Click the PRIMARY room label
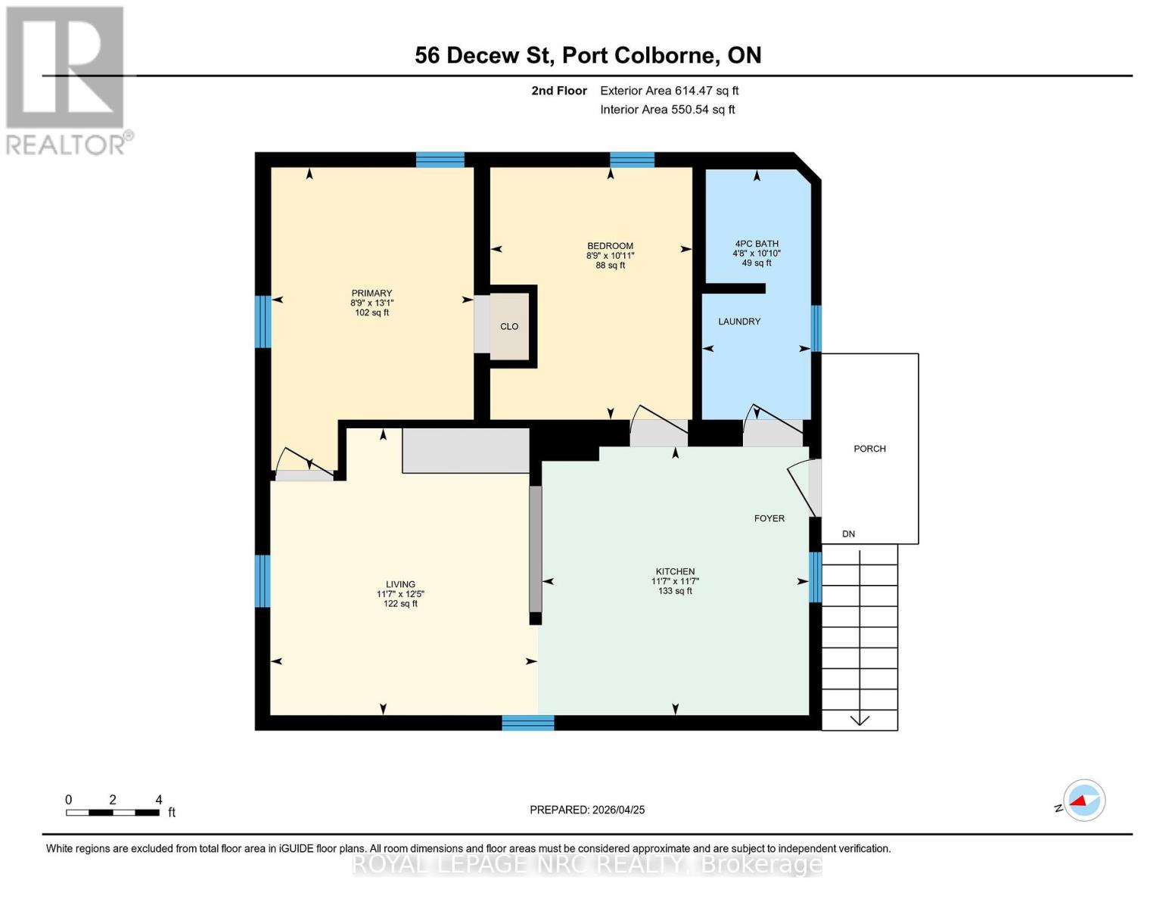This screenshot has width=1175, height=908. click(371, 294)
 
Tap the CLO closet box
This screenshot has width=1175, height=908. click(509, 327)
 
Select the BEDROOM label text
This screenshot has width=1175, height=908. click(610, 246)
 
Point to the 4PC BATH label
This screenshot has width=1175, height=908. click(756, 244)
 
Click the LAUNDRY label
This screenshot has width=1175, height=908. click(739, 322)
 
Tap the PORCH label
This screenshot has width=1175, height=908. click(869, 449)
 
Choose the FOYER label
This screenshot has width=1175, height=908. click(769, 518)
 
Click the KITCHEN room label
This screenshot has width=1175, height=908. click(675, 572)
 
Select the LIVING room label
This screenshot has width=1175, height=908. click(400, 584)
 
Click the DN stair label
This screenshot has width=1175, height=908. click(849, 534)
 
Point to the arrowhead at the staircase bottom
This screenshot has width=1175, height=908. click(859, 720)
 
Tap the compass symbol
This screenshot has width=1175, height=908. click(1083, 800)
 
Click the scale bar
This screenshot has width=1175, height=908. click(113, 813)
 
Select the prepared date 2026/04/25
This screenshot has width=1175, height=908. click(587, 810)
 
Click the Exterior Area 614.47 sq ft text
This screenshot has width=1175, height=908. click(669, 91)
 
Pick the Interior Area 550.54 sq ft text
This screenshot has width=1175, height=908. click(667, 110)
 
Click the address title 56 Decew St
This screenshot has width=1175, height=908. click(588, 55)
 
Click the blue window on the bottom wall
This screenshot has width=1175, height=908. click(528, 723)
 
